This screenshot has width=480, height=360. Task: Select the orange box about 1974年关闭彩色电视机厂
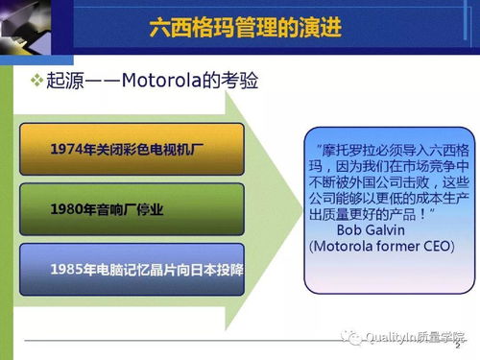pyautogui.click(x=132, y=149)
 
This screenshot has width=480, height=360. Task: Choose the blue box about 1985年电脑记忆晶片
pyautogui.click(x=132, y=270)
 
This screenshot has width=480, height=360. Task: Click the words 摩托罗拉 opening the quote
pyautogui.click(x=344, y=149)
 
